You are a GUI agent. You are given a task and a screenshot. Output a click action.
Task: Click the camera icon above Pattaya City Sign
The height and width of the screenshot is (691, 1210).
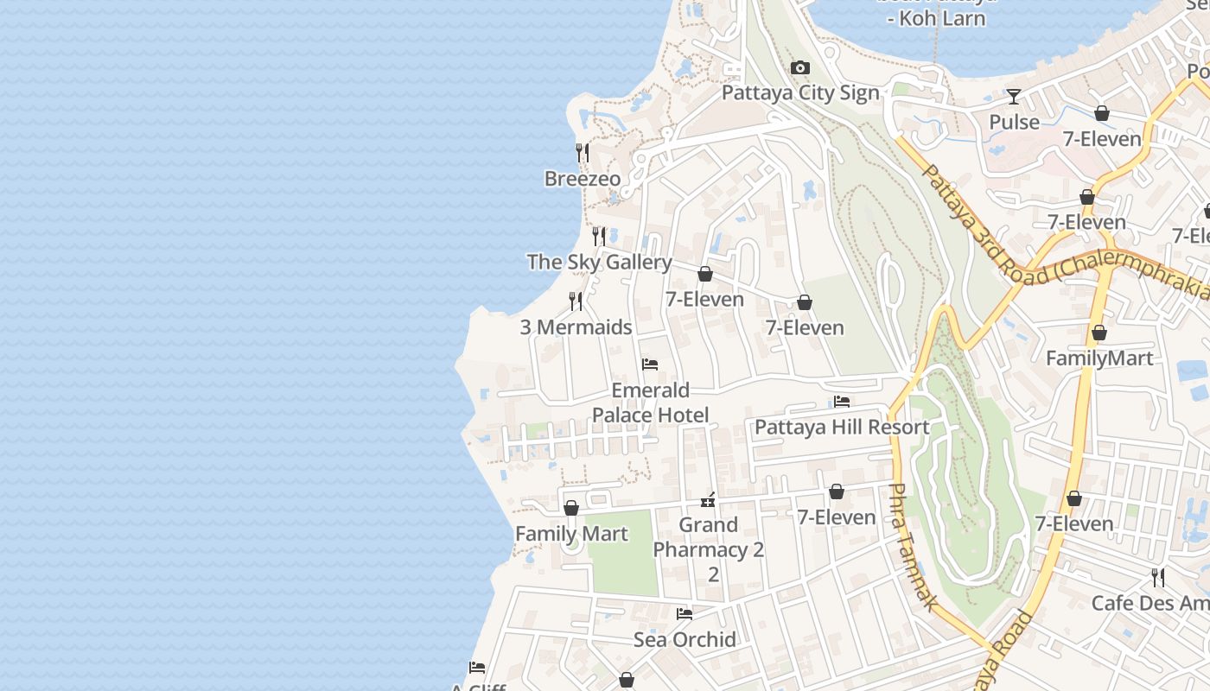point(800,68)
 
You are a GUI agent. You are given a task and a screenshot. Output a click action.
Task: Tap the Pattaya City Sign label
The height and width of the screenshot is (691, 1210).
point(800,93)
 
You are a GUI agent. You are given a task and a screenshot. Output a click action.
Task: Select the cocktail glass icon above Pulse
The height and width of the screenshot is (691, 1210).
point(1014,96)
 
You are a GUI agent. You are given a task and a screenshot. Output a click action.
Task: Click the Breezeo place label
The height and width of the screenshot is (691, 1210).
point(583,179)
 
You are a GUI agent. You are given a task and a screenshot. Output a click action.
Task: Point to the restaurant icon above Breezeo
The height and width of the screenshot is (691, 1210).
point(583,153)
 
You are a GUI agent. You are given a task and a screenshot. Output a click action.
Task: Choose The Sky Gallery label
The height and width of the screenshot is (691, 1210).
point(599,263)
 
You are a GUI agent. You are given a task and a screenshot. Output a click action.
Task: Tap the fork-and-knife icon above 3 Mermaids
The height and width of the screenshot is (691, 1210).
point(576,301)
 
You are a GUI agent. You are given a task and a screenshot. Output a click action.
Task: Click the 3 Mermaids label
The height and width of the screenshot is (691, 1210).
point(576,327)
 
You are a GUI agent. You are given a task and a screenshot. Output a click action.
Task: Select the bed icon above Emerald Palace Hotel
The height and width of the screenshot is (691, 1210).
point(650,365)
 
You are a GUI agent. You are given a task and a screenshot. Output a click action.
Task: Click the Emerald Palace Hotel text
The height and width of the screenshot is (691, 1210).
point(650,403)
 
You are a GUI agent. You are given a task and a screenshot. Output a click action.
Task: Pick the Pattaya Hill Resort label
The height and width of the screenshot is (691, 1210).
point(842,428)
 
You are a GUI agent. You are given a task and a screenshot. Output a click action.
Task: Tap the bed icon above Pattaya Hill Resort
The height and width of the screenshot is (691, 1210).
point(842,402)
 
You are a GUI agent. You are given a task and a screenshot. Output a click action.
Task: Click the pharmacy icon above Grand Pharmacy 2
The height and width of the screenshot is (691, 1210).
point(708,500)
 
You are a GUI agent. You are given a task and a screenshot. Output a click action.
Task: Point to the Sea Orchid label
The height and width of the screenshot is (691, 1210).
point(685,640)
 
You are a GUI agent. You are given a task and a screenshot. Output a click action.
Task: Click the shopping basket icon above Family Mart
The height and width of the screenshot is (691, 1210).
point(571,508)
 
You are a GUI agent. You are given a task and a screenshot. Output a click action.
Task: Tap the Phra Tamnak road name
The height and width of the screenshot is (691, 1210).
point(911,547)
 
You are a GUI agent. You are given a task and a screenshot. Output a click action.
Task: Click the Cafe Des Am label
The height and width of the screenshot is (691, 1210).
point(1149,603)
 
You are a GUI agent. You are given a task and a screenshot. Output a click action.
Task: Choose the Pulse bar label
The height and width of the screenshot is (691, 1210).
point(1014,123)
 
